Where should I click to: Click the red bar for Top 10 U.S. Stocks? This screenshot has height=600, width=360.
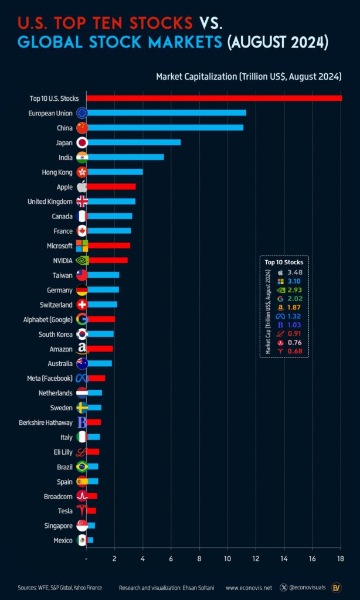click(214, 98)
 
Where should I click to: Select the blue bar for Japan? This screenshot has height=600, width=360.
click(134, 142)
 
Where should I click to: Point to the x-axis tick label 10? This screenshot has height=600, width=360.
click(227, 558)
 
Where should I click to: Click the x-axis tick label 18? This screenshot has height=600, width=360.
click(340, 558)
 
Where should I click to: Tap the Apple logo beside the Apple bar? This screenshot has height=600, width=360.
click(82, 186)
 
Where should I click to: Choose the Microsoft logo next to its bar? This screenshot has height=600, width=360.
click(82, 246)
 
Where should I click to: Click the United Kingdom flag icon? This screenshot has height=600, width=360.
click(82, 201)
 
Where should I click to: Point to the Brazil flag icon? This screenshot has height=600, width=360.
click(82, 466)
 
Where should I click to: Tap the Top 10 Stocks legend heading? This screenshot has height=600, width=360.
click(284, 262)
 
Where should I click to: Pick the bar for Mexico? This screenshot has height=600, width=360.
click(90, 540)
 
